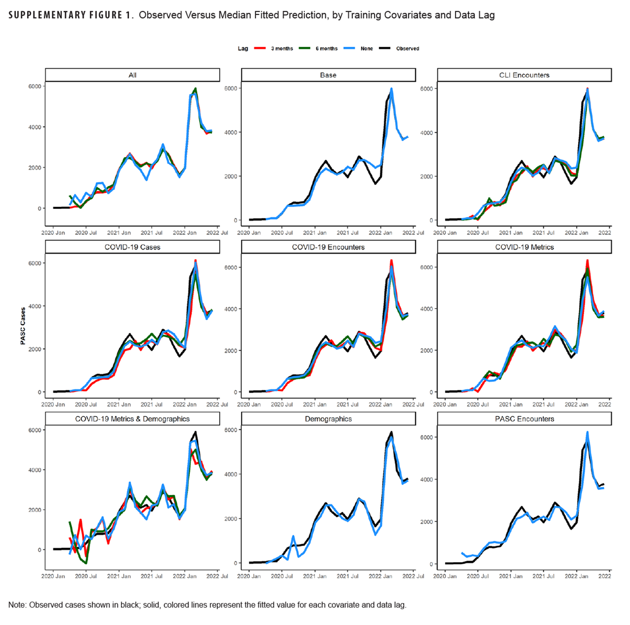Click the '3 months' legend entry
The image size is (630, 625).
(282, 49)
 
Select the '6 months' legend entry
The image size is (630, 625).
(327, 49)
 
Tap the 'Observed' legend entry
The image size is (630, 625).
(407, 49)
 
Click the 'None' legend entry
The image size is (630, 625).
(366, 49)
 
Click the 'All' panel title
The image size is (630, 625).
(133, 75)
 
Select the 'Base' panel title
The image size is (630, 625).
(328, 75)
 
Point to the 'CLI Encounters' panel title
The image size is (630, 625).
(524, 75)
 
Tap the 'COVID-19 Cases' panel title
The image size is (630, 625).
(133, 247)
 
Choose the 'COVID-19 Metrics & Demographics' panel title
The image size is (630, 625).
(133, 419)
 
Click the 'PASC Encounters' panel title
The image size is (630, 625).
(524, 419)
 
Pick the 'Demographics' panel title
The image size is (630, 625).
(328, 419)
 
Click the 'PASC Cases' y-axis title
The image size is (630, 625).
(23, 326)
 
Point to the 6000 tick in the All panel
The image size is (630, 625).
(35, 87)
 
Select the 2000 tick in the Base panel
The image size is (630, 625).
(231, 177)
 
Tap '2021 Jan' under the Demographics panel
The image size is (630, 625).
(315, 576)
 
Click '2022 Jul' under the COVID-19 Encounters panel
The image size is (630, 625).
(413, 405)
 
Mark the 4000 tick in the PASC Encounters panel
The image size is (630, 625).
(427, 480)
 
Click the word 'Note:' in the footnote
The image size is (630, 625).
(18, 605)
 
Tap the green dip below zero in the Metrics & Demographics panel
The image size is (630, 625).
(86, 563)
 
